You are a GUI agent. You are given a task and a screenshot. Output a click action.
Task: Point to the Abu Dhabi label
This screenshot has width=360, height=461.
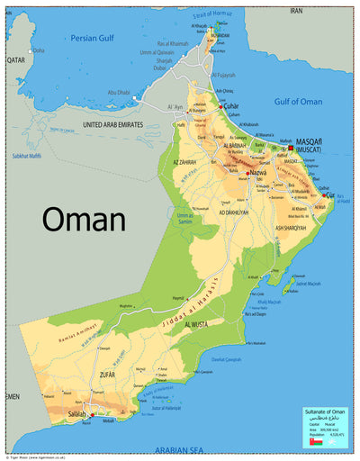120,93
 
